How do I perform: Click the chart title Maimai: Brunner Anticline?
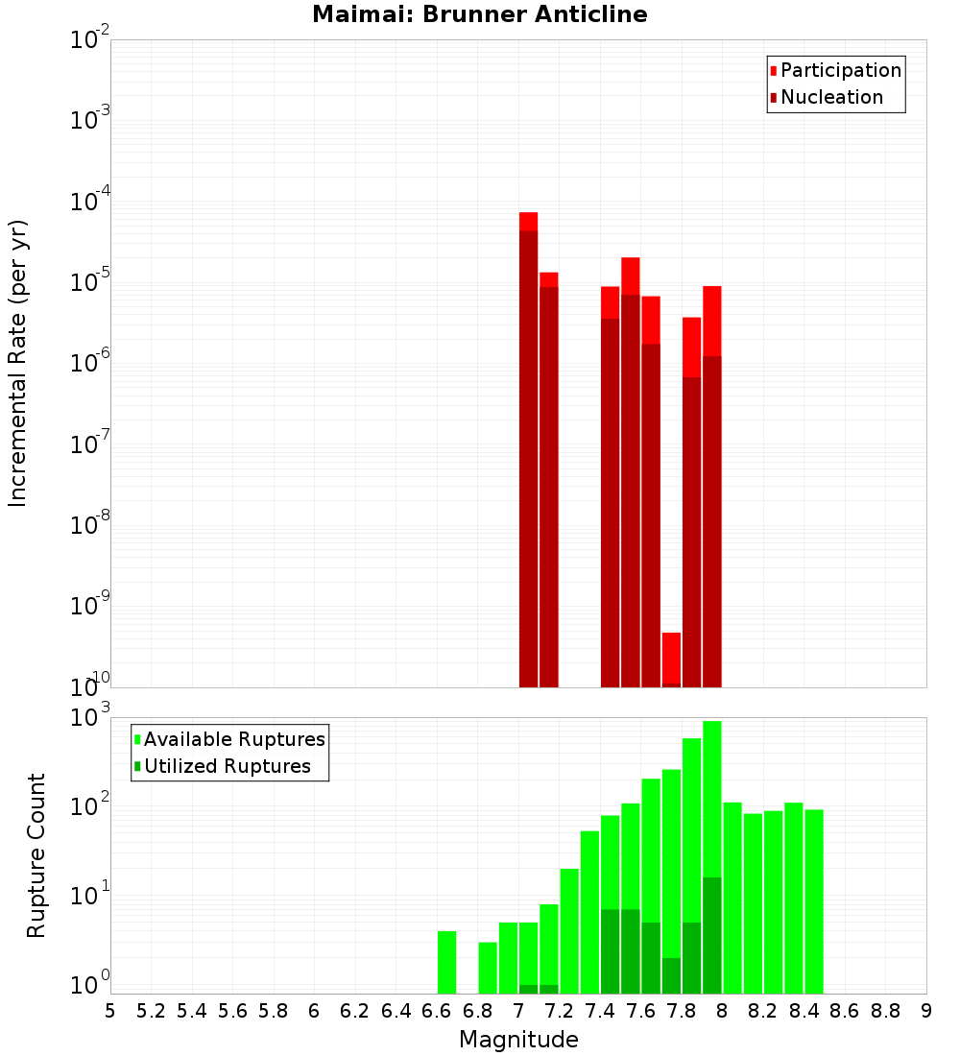(x=479, y=15)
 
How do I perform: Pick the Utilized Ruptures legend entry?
(x=227, y=766)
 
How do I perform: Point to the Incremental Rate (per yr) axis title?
(x=18, y=363)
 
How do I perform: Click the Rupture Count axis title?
(x=36, y=855)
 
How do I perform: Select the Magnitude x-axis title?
(x=518, y=1039)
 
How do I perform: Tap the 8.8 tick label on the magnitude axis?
(x=885, y=1011)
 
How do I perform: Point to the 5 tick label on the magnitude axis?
(x=110, y=1011)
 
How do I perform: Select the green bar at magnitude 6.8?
(x=488, y=968)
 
